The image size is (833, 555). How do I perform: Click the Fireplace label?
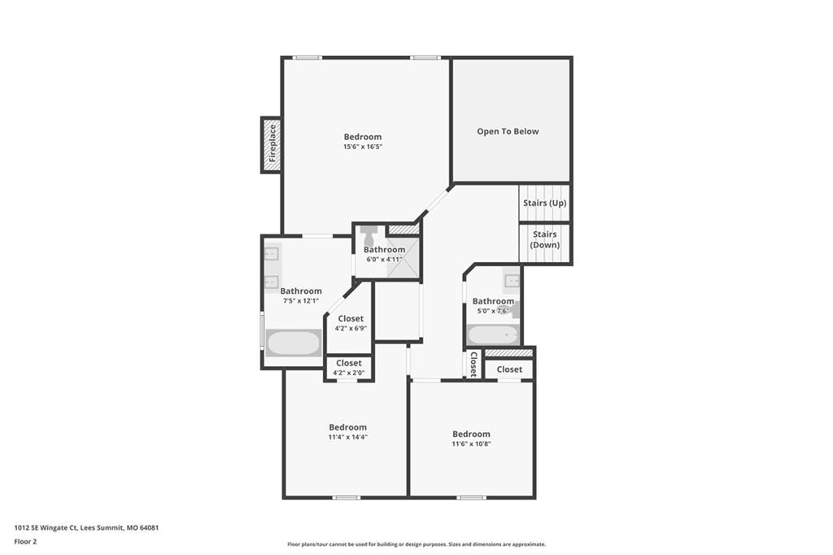(273, 143)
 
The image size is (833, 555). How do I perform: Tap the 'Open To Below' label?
(508, 131)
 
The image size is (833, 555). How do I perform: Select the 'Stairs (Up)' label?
(544, 203)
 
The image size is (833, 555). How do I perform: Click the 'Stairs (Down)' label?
(544, 239)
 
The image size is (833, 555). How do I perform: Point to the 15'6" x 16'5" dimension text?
(363, 146)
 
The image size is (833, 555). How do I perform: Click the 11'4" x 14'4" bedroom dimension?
(348, 437)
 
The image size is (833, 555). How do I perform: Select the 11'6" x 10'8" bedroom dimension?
(471, 444)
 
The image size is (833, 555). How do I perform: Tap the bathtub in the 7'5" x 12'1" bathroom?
(293, 343)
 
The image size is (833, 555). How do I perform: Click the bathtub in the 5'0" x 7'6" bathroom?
(493, 335)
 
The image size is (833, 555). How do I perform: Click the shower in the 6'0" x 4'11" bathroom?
(403, 258)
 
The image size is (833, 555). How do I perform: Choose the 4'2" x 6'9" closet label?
(351, 318)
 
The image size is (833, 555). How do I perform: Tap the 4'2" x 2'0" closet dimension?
(348, 373)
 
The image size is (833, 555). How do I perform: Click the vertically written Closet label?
(473, 364)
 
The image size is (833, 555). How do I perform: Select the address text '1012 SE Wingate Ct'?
(46, 528)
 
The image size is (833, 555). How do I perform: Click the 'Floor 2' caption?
(25, 542)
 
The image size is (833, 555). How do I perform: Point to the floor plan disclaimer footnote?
(416, 544)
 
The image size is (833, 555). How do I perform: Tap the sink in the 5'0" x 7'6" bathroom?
(512, 280)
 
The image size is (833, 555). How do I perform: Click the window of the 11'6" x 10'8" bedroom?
(471, 497)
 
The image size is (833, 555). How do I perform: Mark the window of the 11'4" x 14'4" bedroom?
(347, 497)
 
